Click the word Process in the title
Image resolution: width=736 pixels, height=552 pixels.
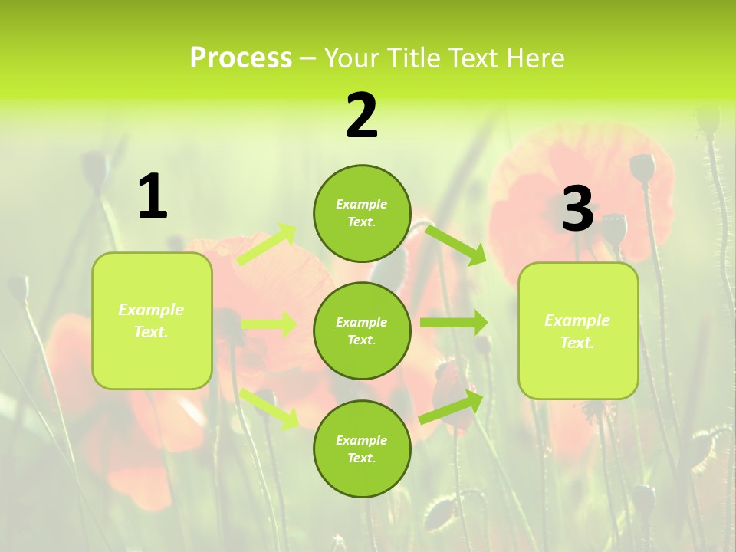point(241,58)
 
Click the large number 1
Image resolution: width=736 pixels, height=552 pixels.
point(153,197)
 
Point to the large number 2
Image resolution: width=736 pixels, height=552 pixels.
point(362,117)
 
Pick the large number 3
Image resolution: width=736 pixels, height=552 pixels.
point(577,209)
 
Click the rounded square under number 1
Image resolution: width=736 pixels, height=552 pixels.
point(152,320)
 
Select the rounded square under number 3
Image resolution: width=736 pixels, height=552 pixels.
point(578,330)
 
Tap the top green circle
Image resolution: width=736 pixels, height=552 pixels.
point(362,213)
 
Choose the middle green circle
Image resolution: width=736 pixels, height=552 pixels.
point(362,330)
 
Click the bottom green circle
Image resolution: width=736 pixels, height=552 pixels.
point(362,449)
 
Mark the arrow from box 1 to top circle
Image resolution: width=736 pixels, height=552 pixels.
point(267,244)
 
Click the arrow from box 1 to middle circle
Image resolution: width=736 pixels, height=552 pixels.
point(268,324)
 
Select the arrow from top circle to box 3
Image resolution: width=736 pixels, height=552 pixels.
point(455,244)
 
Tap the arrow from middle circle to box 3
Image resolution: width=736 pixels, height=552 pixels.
point(454,323)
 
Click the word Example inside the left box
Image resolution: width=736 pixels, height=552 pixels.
point(151,310)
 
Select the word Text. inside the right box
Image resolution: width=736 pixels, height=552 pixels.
point(577,343)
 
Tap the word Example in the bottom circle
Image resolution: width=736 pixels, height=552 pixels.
point(362,440)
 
